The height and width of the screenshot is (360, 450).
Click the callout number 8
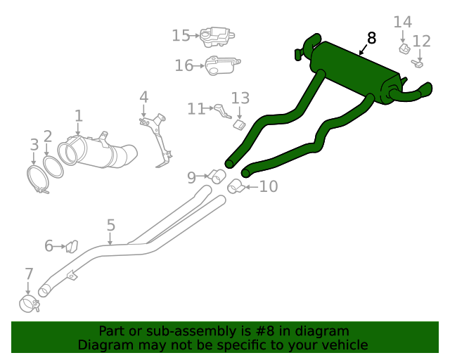tap(371, 38)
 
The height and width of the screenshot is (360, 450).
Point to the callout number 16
tap(184, 65)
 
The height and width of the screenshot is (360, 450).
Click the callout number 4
tap(143, 96)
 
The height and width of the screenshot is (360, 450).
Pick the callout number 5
tap(111, 225)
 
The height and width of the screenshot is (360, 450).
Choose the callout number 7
tap(29, 274)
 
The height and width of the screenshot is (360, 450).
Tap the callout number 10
tap(269, 186)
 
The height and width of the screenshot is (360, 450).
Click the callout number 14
tap(402, 22)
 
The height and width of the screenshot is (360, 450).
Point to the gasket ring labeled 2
tap(53, 167)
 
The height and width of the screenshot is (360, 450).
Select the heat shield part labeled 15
tap(216, 36)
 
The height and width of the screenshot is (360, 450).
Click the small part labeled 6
tap(71, 246)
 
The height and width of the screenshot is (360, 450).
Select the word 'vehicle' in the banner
tap(345, 345)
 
